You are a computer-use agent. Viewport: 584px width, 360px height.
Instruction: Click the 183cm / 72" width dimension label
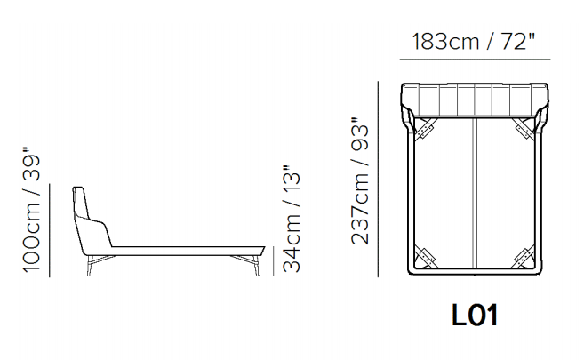pyautogui.click(x=474, y=41)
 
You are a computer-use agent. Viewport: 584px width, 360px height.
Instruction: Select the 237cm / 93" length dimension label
pyautogui.click(x=360, y=181)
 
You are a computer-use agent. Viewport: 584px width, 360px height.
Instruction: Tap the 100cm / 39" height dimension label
pyautogui.click(x=31, y=210)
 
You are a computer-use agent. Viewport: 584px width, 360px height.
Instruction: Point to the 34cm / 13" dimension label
pyautogui.click(x=292, y=218)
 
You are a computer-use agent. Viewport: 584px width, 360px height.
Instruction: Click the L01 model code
pyautogui.click(x=475, y=316)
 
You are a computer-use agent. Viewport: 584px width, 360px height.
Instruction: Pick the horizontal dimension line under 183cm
pyautogui.click(x=475, y=60)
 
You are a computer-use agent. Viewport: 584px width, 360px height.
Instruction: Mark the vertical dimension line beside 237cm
pyautogui.click(x=378, y=179)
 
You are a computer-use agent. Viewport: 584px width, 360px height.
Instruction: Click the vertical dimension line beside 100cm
pyautogui.click(x=50, y=230)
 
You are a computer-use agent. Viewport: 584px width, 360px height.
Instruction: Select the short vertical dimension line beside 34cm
pyautogui.click(x=273, y=261)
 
